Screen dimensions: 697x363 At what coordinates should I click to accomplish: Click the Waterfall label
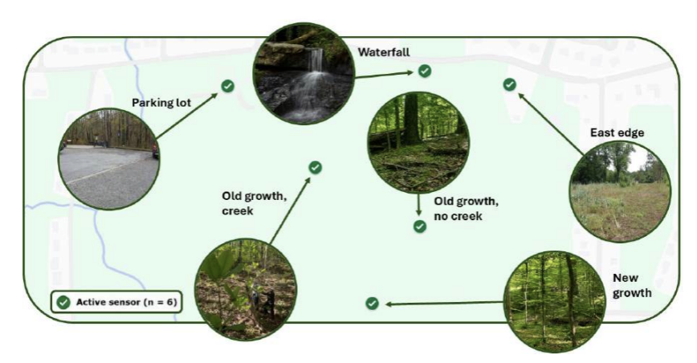pyautogui.click(x=384, y=52)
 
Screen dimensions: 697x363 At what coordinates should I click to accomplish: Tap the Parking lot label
pyautogui.click(x=161, y=103)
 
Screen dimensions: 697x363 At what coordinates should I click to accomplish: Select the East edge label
pyautogui.click(x=617, y=133)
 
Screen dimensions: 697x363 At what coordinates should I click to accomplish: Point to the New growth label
pyautogui.click(x=632, y=285)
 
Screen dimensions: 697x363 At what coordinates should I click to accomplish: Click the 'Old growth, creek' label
pyautogui.click(x=255, y=203)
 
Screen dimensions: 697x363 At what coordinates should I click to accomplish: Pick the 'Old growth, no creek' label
pyautogui.click(x=467, y=208)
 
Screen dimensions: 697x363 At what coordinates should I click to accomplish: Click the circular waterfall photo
pyautogui.click(x=304, y=73)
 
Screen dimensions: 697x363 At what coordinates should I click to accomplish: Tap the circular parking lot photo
pyautogui.click(x=109, y=159)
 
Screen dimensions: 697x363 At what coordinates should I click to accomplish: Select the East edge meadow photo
pyautogui.click(x=620, y=191)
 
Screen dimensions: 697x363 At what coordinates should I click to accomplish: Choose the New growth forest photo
pyautogui.click(x=554, y=302)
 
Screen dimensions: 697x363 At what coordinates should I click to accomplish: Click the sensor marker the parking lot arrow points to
pyautogui.click(x=228, y=86)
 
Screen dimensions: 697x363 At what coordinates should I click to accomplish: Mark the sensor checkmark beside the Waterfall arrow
pyautogui.click(x=425, y=71)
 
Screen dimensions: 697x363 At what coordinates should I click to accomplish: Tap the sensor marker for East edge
pyautogui.click(x=509, y=84)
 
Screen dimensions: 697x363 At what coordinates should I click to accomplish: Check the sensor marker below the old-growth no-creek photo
pyautogui.click(x=420, y=226)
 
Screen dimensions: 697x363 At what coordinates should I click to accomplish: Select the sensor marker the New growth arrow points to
pyautogui.click(x=372, y=303)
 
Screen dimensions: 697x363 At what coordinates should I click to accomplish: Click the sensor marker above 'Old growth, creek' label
pyautogui.click(x=315, y=167)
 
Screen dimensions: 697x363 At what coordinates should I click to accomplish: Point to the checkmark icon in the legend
pyautogui.click(x=63, y=303)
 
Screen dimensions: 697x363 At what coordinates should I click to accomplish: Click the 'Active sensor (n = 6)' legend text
pyautogui.click(x=127, y=302)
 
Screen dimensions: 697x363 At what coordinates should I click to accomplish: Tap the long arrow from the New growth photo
pyautogui.click(x=445, y=304)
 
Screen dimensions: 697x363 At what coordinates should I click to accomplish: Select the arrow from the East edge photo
pyautogui.click(x=551, y=124)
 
